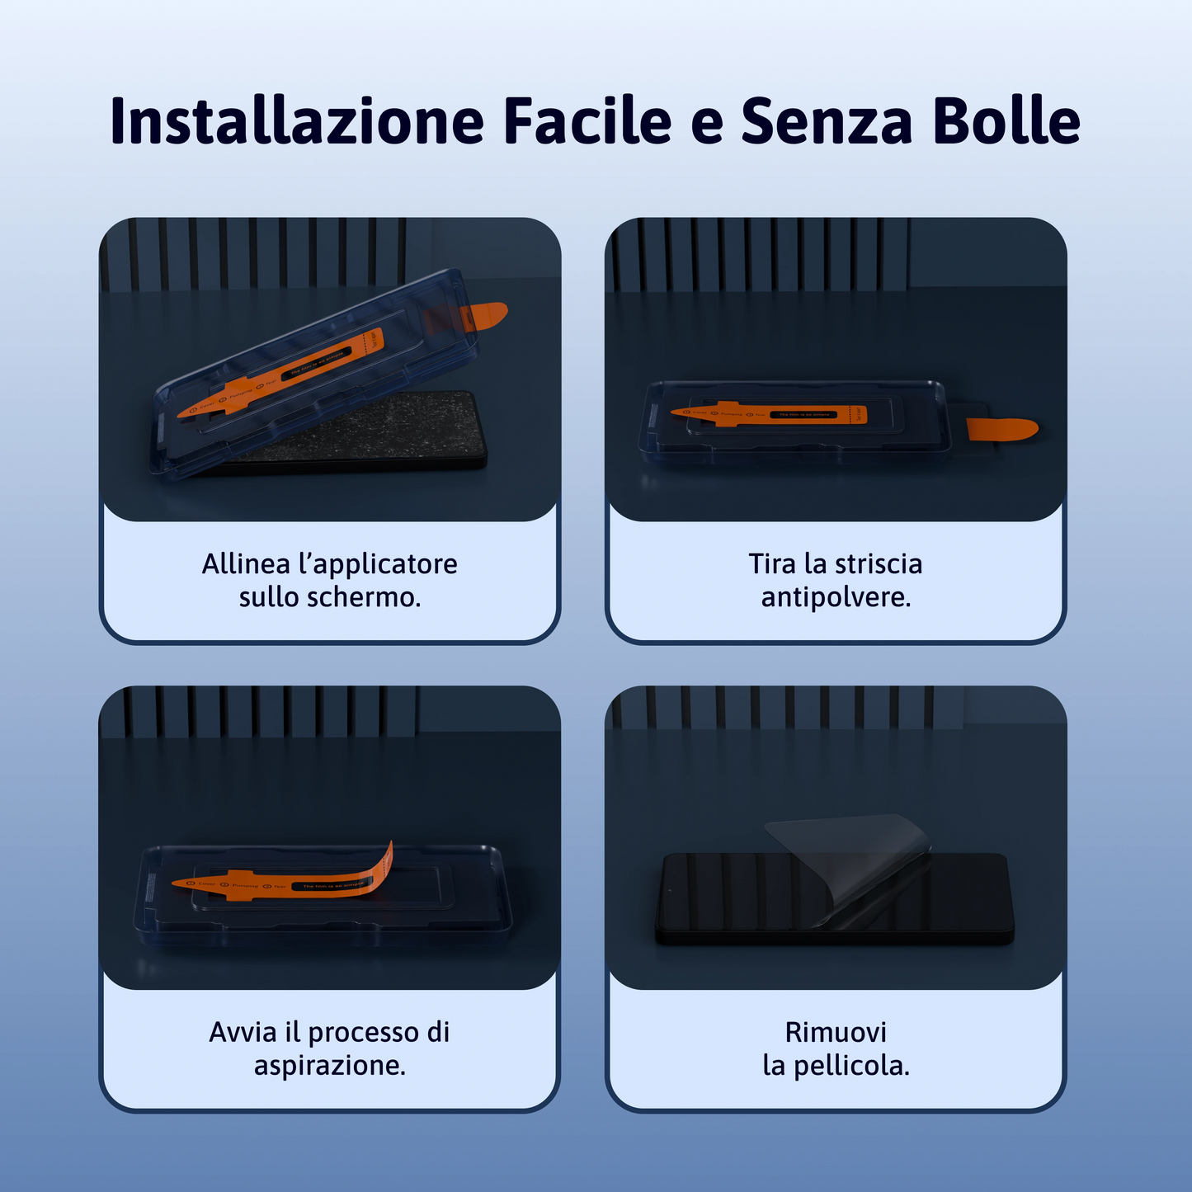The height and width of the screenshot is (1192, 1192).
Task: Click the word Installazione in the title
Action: tap(296, 121)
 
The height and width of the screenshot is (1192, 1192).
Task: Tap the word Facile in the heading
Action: tap(587, 121)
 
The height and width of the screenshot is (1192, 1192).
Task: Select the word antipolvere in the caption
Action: tap(836, 597)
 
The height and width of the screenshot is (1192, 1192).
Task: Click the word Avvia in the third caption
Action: tap(243, 1032)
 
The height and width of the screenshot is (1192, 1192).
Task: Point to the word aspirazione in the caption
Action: tap(329, 1066)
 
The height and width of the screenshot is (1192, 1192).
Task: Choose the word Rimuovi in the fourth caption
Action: tap(836, 1032)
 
